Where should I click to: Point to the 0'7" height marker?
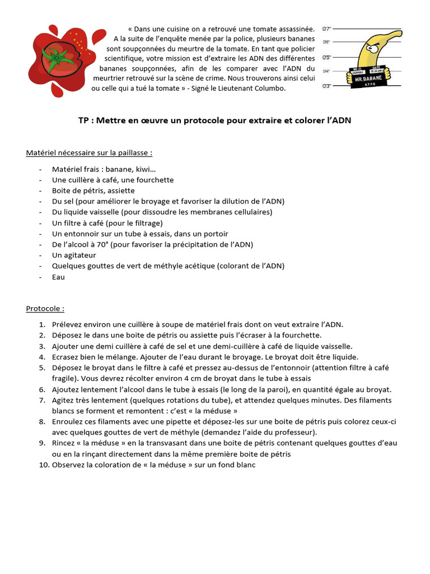click(327, 28)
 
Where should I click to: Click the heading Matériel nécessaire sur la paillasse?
click(89, 152)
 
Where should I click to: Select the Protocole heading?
click(45, 308)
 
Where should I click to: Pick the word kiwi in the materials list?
click(144, 169)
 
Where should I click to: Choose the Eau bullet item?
click(58, 276)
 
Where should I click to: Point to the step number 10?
click(44, 465)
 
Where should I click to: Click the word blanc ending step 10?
click(245, 465)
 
